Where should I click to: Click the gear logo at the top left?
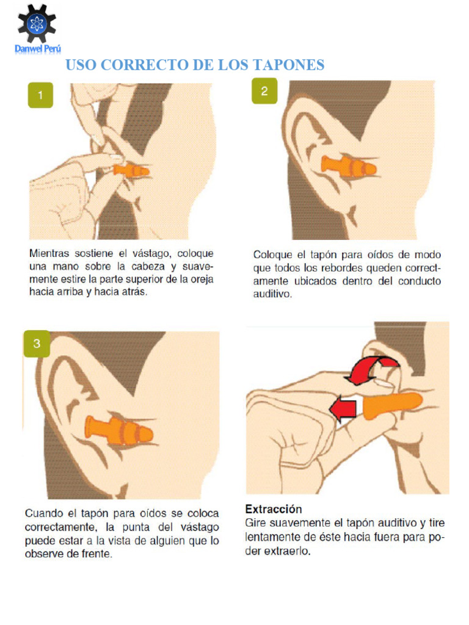37,23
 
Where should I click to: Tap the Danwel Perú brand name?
38,49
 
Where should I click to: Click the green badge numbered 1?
40,95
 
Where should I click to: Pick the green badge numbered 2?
264,92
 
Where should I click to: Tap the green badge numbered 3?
37,344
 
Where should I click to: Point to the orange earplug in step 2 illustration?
349,166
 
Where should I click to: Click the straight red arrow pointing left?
343,407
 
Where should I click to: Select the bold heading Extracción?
274,508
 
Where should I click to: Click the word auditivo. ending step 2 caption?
273,294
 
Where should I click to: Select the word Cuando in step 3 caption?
44,514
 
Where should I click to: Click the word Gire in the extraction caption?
255,523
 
